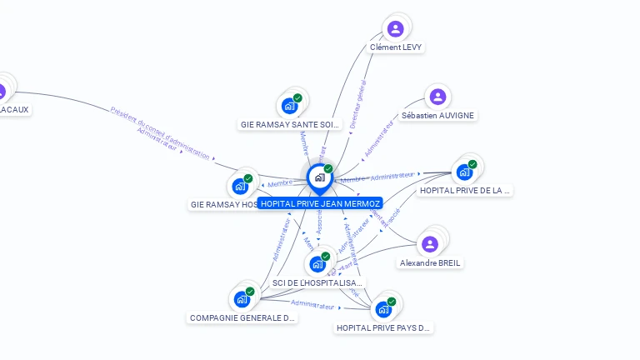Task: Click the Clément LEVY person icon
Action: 396,29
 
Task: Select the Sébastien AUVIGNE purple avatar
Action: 437,97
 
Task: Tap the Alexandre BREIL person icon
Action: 429,244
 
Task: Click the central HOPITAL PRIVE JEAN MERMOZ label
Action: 320,203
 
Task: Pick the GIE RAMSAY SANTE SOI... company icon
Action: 289,106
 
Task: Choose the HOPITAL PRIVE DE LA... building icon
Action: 464,172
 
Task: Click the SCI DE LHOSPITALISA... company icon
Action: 317,265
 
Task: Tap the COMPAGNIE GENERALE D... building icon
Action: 242,299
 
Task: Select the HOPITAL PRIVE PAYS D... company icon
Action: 383,309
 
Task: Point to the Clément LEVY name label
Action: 396,47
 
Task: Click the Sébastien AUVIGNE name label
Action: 437,115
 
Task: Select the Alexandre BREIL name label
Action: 430,262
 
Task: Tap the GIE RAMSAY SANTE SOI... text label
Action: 290,124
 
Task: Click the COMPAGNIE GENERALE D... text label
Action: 242,317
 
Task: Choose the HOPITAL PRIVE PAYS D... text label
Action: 383,327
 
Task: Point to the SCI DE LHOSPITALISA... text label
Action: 317,282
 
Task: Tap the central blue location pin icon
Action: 319,177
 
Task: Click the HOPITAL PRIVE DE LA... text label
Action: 464,190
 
